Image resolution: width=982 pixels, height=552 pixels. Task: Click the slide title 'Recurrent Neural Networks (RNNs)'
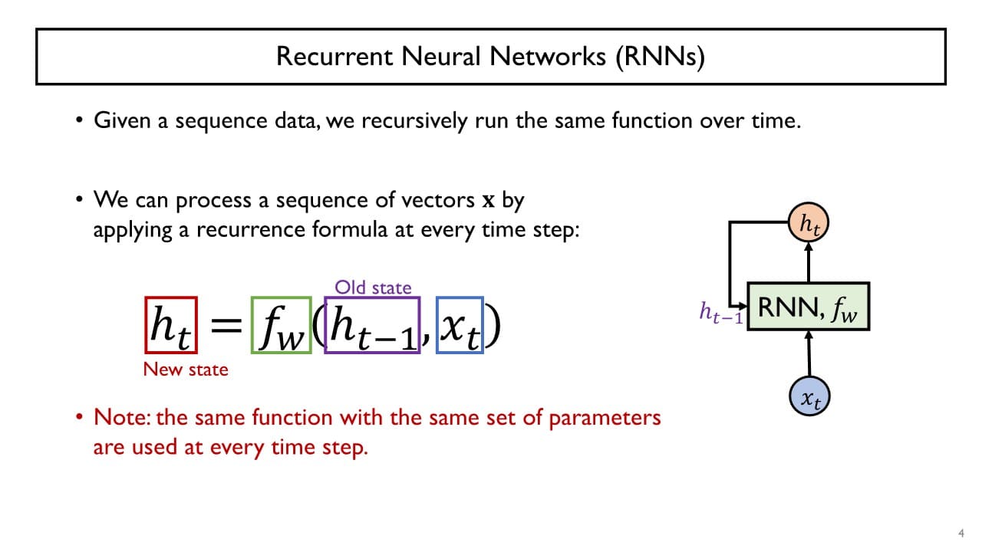point(490,57)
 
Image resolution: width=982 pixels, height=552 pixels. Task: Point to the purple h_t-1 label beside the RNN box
point(720,312)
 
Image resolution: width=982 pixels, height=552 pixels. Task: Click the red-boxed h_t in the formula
point(170,325)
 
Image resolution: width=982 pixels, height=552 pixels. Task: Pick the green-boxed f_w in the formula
point(281,325)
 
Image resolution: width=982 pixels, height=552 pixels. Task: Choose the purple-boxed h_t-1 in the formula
point(372,325)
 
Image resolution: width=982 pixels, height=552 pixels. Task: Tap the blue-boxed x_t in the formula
point(460,325)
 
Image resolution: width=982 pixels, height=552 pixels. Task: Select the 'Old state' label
point(373,287)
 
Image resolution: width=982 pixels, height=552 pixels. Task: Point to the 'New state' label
point(186,369)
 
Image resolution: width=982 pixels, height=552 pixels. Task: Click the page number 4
point(961,534)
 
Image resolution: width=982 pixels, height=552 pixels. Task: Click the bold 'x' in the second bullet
point(488,201)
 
